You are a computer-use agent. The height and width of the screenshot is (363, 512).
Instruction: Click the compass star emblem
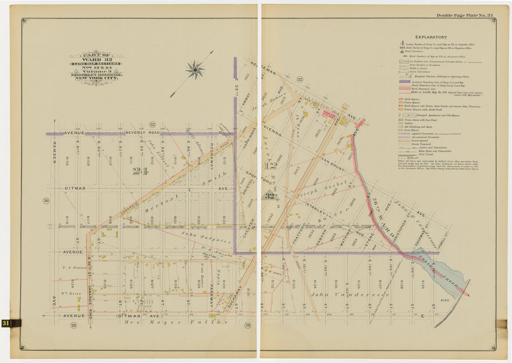pos(195,70)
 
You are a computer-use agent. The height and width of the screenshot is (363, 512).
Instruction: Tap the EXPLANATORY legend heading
pos(431,37)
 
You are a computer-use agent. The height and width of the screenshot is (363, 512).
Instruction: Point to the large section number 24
pos(140,171)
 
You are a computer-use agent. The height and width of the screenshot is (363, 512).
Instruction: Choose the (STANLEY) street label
pos(316,205)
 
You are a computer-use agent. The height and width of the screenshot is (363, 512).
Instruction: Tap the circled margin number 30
pos(46,201)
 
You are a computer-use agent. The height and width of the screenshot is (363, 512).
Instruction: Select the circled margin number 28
pos(248,325)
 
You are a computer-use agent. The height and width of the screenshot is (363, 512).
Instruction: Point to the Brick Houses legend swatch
pos(401,100)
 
